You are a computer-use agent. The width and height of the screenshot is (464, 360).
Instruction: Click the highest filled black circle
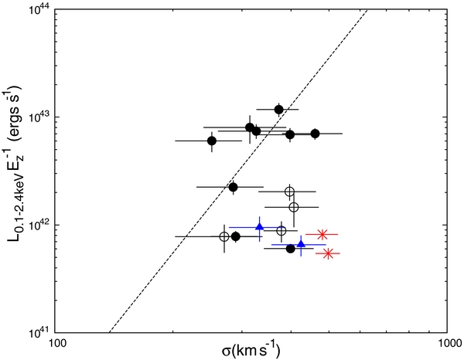pos(279,110)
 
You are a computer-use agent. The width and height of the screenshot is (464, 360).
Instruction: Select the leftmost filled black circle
pos(212,141)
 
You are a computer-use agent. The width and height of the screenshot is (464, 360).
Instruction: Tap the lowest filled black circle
pos(291,248)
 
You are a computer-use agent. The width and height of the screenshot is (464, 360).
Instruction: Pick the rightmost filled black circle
pos(315,134)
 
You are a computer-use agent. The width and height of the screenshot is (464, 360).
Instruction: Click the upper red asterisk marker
pos(322,234)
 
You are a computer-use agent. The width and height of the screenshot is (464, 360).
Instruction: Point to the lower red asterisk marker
pos(329,253)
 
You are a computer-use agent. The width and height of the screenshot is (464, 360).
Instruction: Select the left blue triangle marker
pos(260,227)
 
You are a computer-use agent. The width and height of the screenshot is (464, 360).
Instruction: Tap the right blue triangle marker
pos(301,244)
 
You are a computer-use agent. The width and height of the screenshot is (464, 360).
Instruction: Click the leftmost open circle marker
pos(223,236)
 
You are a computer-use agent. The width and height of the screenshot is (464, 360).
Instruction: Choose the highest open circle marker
pos(289,192)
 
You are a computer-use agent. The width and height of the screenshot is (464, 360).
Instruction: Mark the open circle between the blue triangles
pos(281,230)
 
